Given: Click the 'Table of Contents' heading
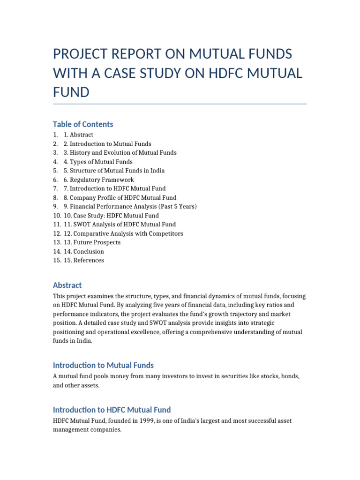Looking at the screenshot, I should [x=83, y=124].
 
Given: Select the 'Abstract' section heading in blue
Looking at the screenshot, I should [x=67, y=285].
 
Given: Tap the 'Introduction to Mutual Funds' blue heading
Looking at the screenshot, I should [x=103, y=365].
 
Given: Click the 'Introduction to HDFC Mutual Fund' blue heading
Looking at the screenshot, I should [x=112, y=409].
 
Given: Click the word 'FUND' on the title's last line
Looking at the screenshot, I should [x=71, y=92].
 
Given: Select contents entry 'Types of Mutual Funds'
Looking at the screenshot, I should [x=101, y=162].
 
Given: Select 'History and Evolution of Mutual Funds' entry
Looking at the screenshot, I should [x=123, y=153].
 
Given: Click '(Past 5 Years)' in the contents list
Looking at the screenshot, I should [x=177, y=207].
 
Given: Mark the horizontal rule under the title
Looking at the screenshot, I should [x=180, y=104].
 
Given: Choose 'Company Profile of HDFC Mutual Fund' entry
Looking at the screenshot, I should [x=123, y=198].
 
